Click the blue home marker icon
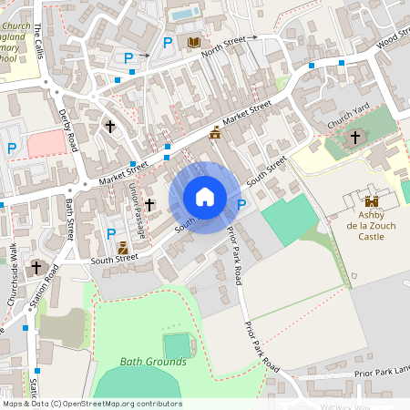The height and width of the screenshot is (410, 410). coord(205,196)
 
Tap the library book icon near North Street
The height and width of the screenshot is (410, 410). coord(194,43)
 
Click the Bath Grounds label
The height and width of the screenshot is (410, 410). coord(153,362)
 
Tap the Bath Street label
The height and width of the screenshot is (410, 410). coord(70,220)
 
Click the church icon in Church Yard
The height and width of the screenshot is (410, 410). coord(354,138)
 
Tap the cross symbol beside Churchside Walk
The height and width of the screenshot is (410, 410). coord(36,268)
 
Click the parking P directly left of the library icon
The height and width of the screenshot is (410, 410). coord(167,43)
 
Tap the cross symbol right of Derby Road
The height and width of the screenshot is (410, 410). coord(110,127)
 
